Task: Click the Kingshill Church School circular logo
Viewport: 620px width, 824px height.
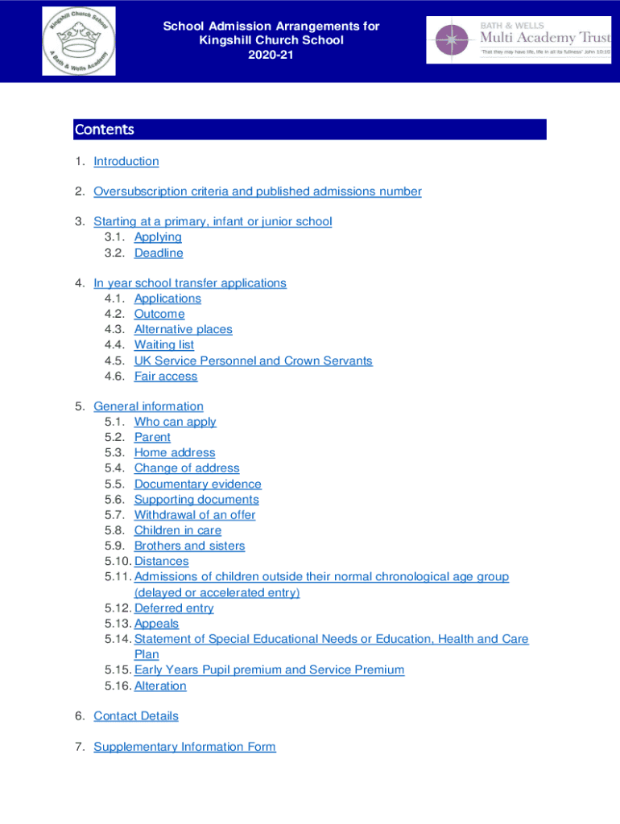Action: click(x=79, y=41)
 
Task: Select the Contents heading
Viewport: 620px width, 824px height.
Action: click(x=105, y=130)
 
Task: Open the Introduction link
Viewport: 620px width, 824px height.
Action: click(x=126, y=161)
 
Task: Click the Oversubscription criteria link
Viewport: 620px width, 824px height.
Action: click(x=258, y=192)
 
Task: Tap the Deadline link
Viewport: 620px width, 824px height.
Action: click(x=159, y=253)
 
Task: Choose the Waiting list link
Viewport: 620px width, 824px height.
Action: click(x=164, y=344)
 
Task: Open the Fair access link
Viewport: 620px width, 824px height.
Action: click(x=166, y=376)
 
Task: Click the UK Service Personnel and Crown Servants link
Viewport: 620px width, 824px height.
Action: click(x=253, y=360)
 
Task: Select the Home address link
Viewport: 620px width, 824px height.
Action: click(x=175, y=452)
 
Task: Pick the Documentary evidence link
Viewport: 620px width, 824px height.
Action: click(x=198, y=484)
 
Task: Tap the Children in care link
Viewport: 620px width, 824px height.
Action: click(x=178, y=530)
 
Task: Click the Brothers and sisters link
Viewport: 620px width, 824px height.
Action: click(x=189, y=546)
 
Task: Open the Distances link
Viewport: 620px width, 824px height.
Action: click(x=162, y=561)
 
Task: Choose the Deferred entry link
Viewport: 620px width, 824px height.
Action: click(x=174, y=608)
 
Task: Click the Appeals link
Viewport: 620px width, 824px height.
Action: click(x=157, y=624)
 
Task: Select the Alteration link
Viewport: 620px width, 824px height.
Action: click(x=160, y=686)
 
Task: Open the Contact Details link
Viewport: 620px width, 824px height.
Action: click(x=136, y=715)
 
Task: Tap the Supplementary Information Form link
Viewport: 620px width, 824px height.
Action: click(x=184, y=747)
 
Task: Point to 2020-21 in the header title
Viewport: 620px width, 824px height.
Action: click(x=271, y=55)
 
